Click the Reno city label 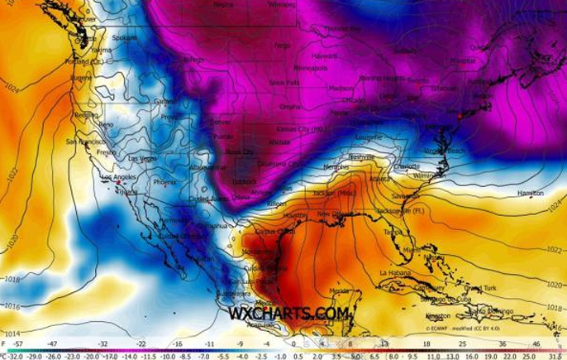[x=106, y=124]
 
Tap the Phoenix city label [x=164, y=182]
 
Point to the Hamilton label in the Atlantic [x=530, y=192]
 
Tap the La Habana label [x=395, y=272]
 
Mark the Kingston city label [x=437, y=315]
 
